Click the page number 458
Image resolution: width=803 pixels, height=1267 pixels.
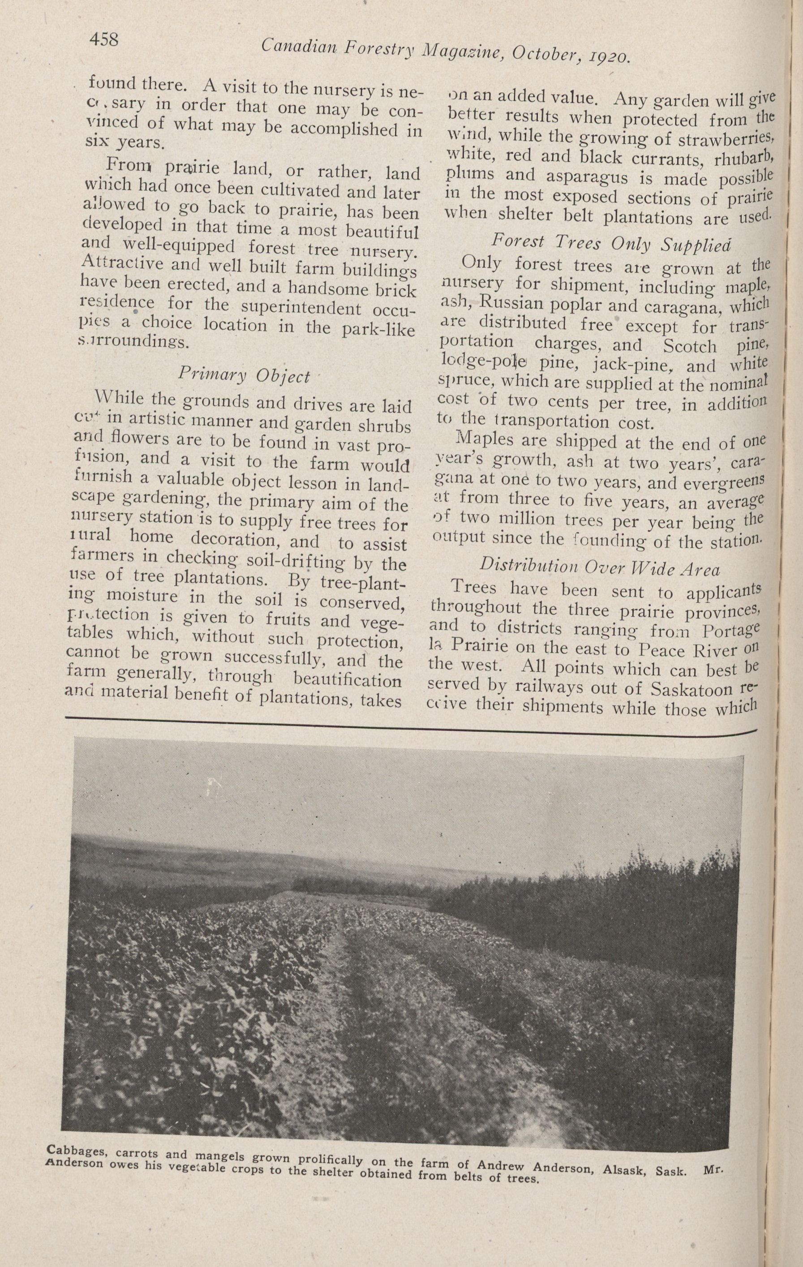click(104, 40)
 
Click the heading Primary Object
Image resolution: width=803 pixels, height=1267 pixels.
click(244, 374)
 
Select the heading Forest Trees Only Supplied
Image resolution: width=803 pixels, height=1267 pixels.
click(611, 243)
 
